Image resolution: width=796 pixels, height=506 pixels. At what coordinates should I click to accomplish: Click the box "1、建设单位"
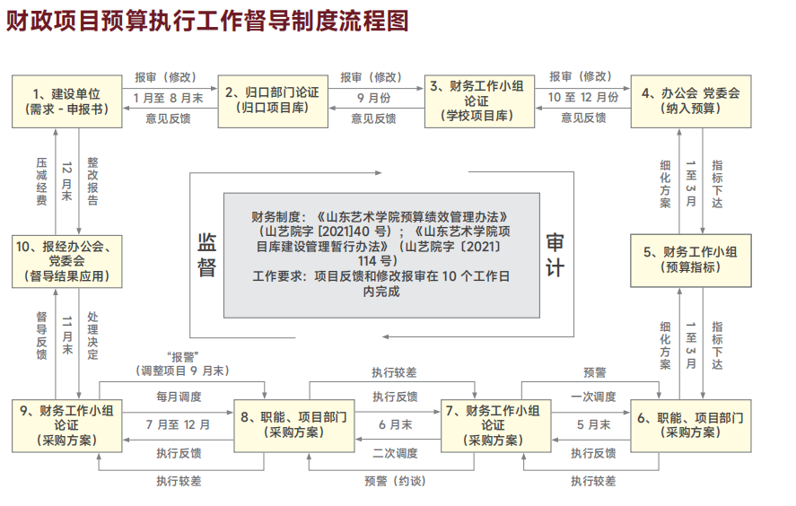pos(66,100)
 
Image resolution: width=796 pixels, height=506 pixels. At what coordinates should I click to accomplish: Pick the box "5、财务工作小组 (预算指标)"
pos(690,258)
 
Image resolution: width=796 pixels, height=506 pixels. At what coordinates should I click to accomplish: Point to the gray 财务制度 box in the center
pos(381,254)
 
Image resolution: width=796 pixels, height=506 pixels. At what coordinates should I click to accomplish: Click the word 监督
pos(207,255)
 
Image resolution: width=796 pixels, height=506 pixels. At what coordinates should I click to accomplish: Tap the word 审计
pos(555,255)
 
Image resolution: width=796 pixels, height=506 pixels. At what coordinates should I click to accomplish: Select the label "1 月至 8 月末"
pos(168,97)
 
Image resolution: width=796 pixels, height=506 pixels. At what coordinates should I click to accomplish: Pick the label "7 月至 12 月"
pos(178,424)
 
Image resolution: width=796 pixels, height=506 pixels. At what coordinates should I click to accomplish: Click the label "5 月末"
pos(593,424)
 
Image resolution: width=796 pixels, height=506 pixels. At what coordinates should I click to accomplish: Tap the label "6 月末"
pos(395,424)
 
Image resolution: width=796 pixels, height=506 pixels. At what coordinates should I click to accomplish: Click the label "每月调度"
pos(179,396)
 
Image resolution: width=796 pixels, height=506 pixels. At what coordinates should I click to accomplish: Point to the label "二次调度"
pos(395,453)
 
